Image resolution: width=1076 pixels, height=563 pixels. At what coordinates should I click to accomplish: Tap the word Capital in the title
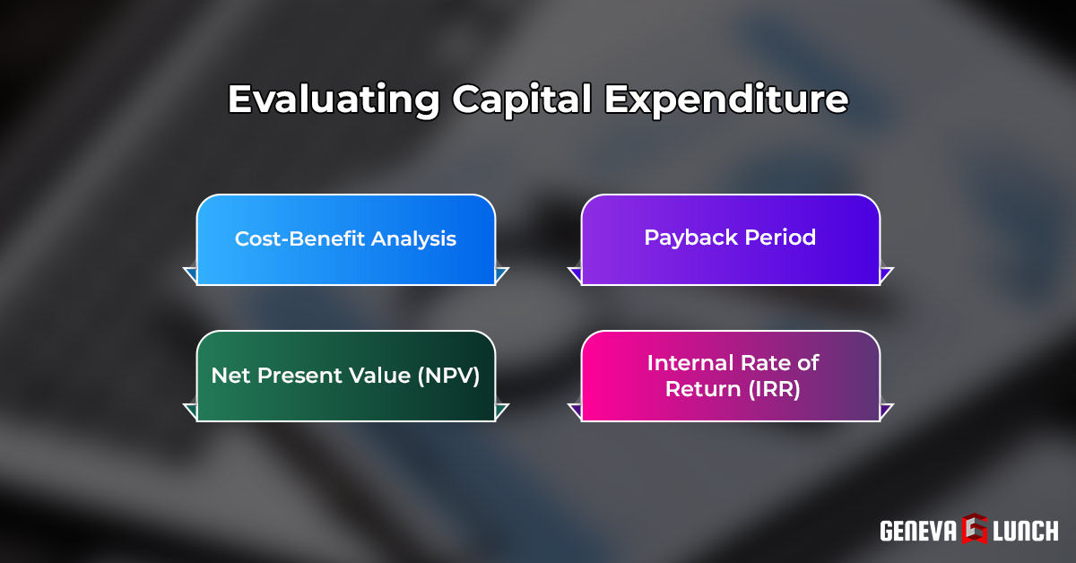point(521,100)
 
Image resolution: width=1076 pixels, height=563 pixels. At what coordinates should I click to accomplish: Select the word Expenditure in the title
point(726,100)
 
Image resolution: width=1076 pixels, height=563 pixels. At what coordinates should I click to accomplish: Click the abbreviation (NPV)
point(448,376)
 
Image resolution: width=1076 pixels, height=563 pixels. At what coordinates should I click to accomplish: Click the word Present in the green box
point(292,376)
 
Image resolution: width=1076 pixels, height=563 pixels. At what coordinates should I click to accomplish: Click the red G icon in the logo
point(975,529)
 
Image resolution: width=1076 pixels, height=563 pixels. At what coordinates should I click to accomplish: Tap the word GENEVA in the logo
point(917,530)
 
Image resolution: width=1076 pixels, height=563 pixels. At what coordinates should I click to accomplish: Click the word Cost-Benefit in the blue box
point(288,239)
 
